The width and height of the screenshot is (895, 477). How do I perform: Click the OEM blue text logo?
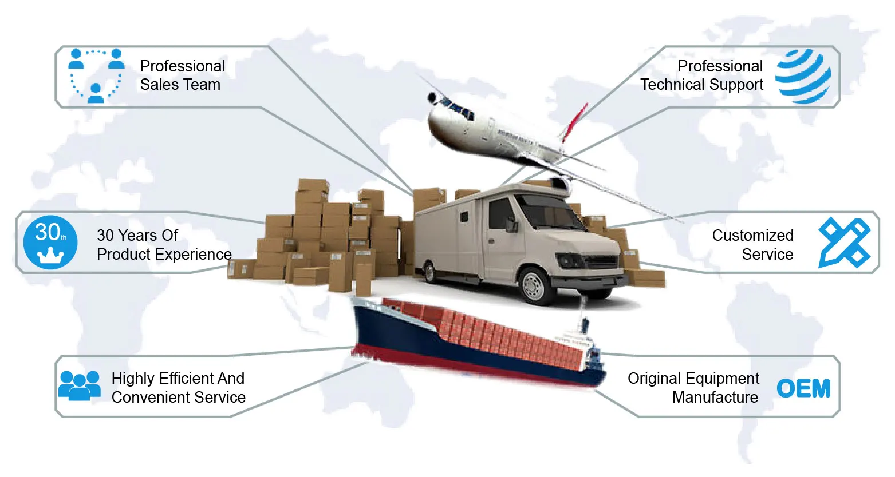(803, 389)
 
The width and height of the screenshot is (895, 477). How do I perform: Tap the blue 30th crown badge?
(50, 243)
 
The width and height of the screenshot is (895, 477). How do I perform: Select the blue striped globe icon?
(803, 76)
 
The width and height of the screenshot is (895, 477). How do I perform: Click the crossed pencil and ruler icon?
(844, 243)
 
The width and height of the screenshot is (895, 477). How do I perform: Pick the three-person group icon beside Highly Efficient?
(80, 385)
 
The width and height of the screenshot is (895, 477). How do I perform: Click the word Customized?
(752, 236)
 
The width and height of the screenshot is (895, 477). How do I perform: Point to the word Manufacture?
(715, 397)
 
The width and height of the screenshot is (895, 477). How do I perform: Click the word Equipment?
(727, 379)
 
